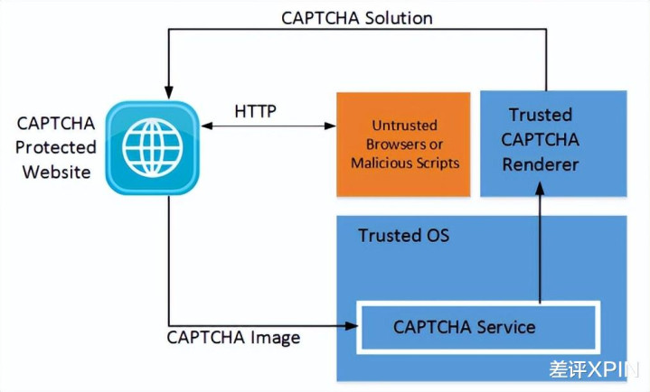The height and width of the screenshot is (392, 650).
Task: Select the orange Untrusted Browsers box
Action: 403,145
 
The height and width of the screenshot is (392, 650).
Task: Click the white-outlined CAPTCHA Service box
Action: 477,327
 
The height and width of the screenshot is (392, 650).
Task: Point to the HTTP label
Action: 256,112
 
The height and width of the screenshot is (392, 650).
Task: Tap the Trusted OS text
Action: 403,236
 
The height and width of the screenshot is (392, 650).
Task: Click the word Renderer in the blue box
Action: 540,165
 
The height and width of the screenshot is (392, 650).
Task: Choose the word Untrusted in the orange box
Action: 404,126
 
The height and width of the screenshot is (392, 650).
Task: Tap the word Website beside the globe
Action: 57,171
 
